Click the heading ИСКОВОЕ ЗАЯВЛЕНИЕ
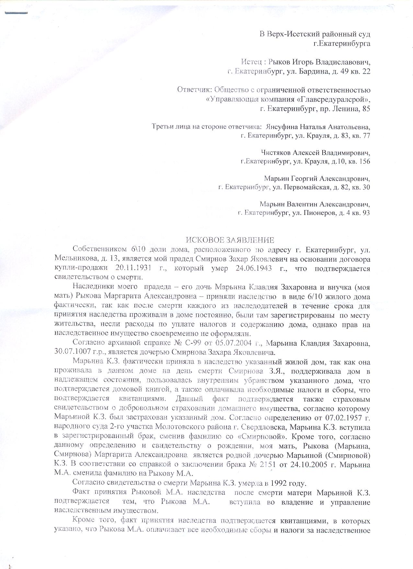tap(230, 240)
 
